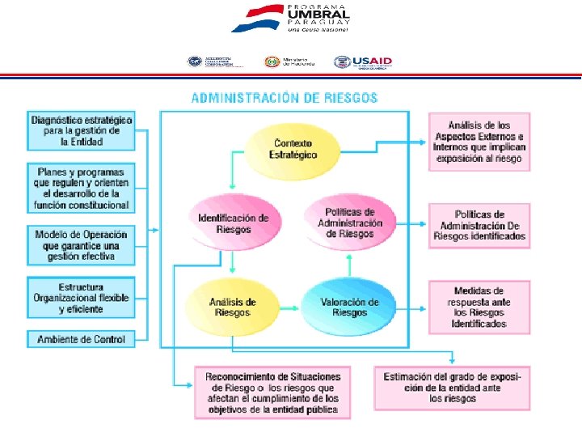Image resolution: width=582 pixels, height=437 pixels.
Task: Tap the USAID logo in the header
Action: (x=363, y=62)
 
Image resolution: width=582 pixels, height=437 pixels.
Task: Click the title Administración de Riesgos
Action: (x=285, y=98)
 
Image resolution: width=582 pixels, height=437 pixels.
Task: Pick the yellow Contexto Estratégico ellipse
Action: (x=294, y=150)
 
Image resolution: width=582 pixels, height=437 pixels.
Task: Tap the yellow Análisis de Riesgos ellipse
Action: (x=233, y=308)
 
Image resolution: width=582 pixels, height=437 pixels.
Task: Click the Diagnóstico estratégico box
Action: (x=82, y=130)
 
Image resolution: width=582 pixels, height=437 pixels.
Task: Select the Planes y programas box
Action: (x=82, y=188)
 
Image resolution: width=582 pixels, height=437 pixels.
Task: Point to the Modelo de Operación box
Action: (x=82, y=245)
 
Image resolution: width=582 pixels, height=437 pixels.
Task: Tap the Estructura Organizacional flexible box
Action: (x=82, y=298)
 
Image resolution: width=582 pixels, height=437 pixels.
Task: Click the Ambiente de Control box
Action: (x=82, y=340)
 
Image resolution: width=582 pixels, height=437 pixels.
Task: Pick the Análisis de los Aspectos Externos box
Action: (x=479, y=142)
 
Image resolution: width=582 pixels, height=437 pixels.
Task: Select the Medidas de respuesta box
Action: (x=479, y=307)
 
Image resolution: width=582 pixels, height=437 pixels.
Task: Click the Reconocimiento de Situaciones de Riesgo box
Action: (x=273, y=392)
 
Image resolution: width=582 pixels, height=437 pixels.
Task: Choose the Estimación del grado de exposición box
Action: (x=453, y=388)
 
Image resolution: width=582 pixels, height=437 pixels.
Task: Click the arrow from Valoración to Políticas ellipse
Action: (x=349, y=265)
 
